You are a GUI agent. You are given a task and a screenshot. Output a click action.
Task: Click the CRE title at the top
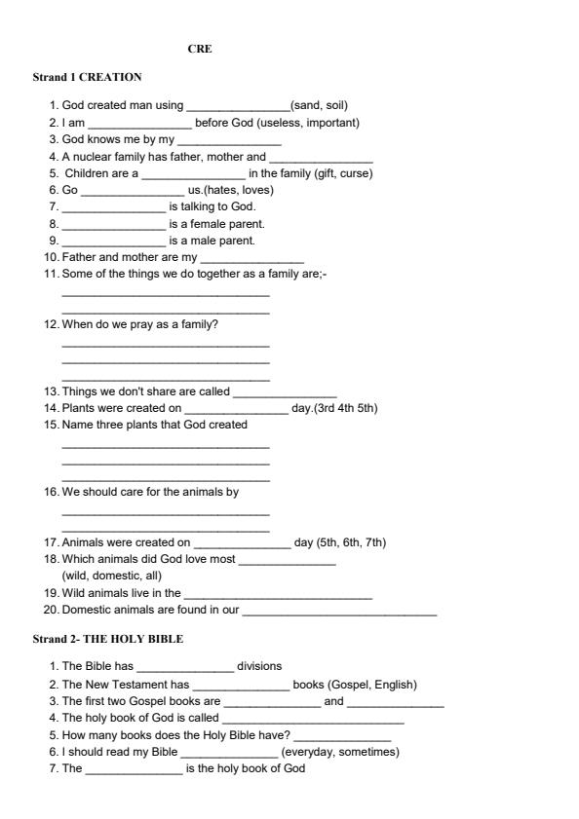pos(200,49)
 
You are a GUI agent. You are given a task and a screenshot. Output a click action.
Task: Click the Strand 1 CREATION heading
pos(87,76)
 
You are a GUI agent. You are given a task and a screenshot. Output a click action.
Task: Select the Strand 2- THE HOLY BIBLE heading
pos(107,639)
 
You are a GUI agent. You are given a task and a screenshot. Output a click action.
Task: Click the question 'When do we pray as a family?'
pos(139,324)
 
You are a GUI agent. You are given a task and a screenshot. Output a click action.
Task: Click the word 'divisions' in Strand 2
pos(259,666)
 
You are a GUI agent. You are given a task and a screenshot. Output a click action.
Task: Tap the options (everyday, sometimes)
pos(340,752)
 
